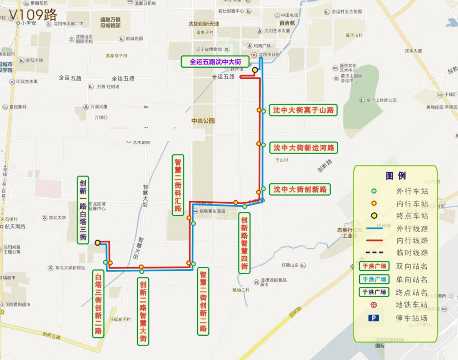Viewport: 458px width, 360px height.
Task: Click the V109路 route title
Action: click(33, 15)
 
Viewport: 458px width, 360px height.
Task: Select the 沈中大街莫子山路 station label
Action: click(303, 110)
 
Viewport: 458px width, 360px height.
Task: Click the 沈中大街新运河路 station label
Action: click(303, 148)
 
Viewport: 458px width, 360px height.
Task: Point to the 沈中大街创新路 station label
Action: click(299, 189)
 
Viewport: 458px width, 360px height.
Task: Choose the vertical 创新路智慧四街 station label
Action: click(244, 243)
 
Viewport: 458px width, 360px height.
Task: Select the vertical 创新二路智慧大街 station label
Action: click(143, 311)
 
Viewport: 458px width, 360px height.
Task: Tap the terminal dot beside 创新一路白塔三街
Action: click(97, 243)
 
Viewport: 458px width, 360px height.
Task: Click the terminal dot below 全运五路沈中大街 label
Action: click(255, 70)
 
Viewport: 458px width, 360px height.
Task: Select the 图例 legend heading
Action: click(395, 176)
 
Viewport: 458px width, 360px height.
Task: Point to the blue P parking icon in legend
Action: click(373, 318)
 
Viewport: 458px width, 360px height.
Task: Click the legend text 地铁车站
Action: click(411, 305)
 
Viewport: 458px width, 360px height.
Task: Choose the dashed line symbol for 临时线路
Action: click(374, 252)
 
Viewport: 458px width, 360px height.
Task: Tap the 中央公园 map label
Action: click(203, 121)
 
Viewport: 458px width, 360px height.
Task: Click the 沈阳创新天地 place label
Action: click(204, 24)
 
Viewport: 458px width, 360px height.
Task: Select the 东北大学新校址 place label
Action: click(70, 268)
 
